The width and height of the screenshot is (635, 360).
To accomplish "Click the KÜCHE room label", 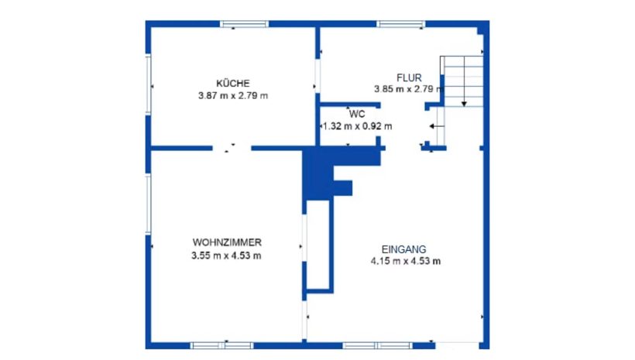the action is coord(233,84).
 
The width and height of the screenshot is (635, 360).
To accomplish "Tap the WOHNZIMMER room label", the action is coord(227,242).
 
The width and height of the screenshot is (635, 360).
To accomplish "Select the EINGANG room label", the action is coord(403,249).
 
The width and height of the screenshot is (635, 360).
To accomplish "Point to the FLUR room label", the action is coord(409,77).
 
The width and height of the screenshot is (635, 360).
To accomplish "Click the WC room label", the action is coord(357,115).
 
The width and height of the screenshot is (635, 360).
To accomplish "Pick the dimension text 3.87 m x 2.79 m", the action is coord(233,96).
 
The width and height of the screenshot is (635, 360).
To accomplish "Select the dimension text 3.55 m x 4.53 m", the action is coord(226,255).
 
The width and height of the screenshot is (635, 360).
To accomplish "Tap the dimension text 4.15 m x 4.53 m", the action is coord(406,261).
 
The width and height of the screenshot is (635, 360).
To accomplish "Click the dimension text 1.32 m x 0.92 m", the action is coord(357,126).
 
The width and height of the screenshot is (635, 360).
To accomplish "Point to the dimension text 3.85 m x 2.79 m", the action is coord(408,89).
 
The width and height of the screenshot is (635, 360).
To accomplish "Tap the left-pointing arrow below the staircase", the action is coord(437,126).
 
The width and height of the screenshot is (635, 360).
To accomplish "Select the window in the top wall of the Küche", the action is coord(244,24).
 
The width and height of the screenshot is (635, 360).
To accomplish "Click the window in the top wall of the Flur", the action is coord(401,24).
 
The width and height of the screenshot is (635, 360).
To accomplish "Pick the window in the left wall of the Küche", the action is coord(148,84).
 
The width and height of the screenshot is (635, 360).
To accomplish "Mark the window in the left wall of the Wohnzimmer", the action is coord(148,204).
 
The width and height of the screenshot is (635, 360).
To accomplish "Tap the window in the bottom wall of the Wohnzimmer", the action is coord(222,345).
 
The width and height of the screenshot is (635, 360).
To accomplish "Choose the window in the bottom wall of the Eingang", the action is coord(377,345).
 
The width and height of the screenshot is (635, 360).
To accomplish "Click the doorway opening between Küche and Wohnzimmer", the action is coord(232,148).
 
